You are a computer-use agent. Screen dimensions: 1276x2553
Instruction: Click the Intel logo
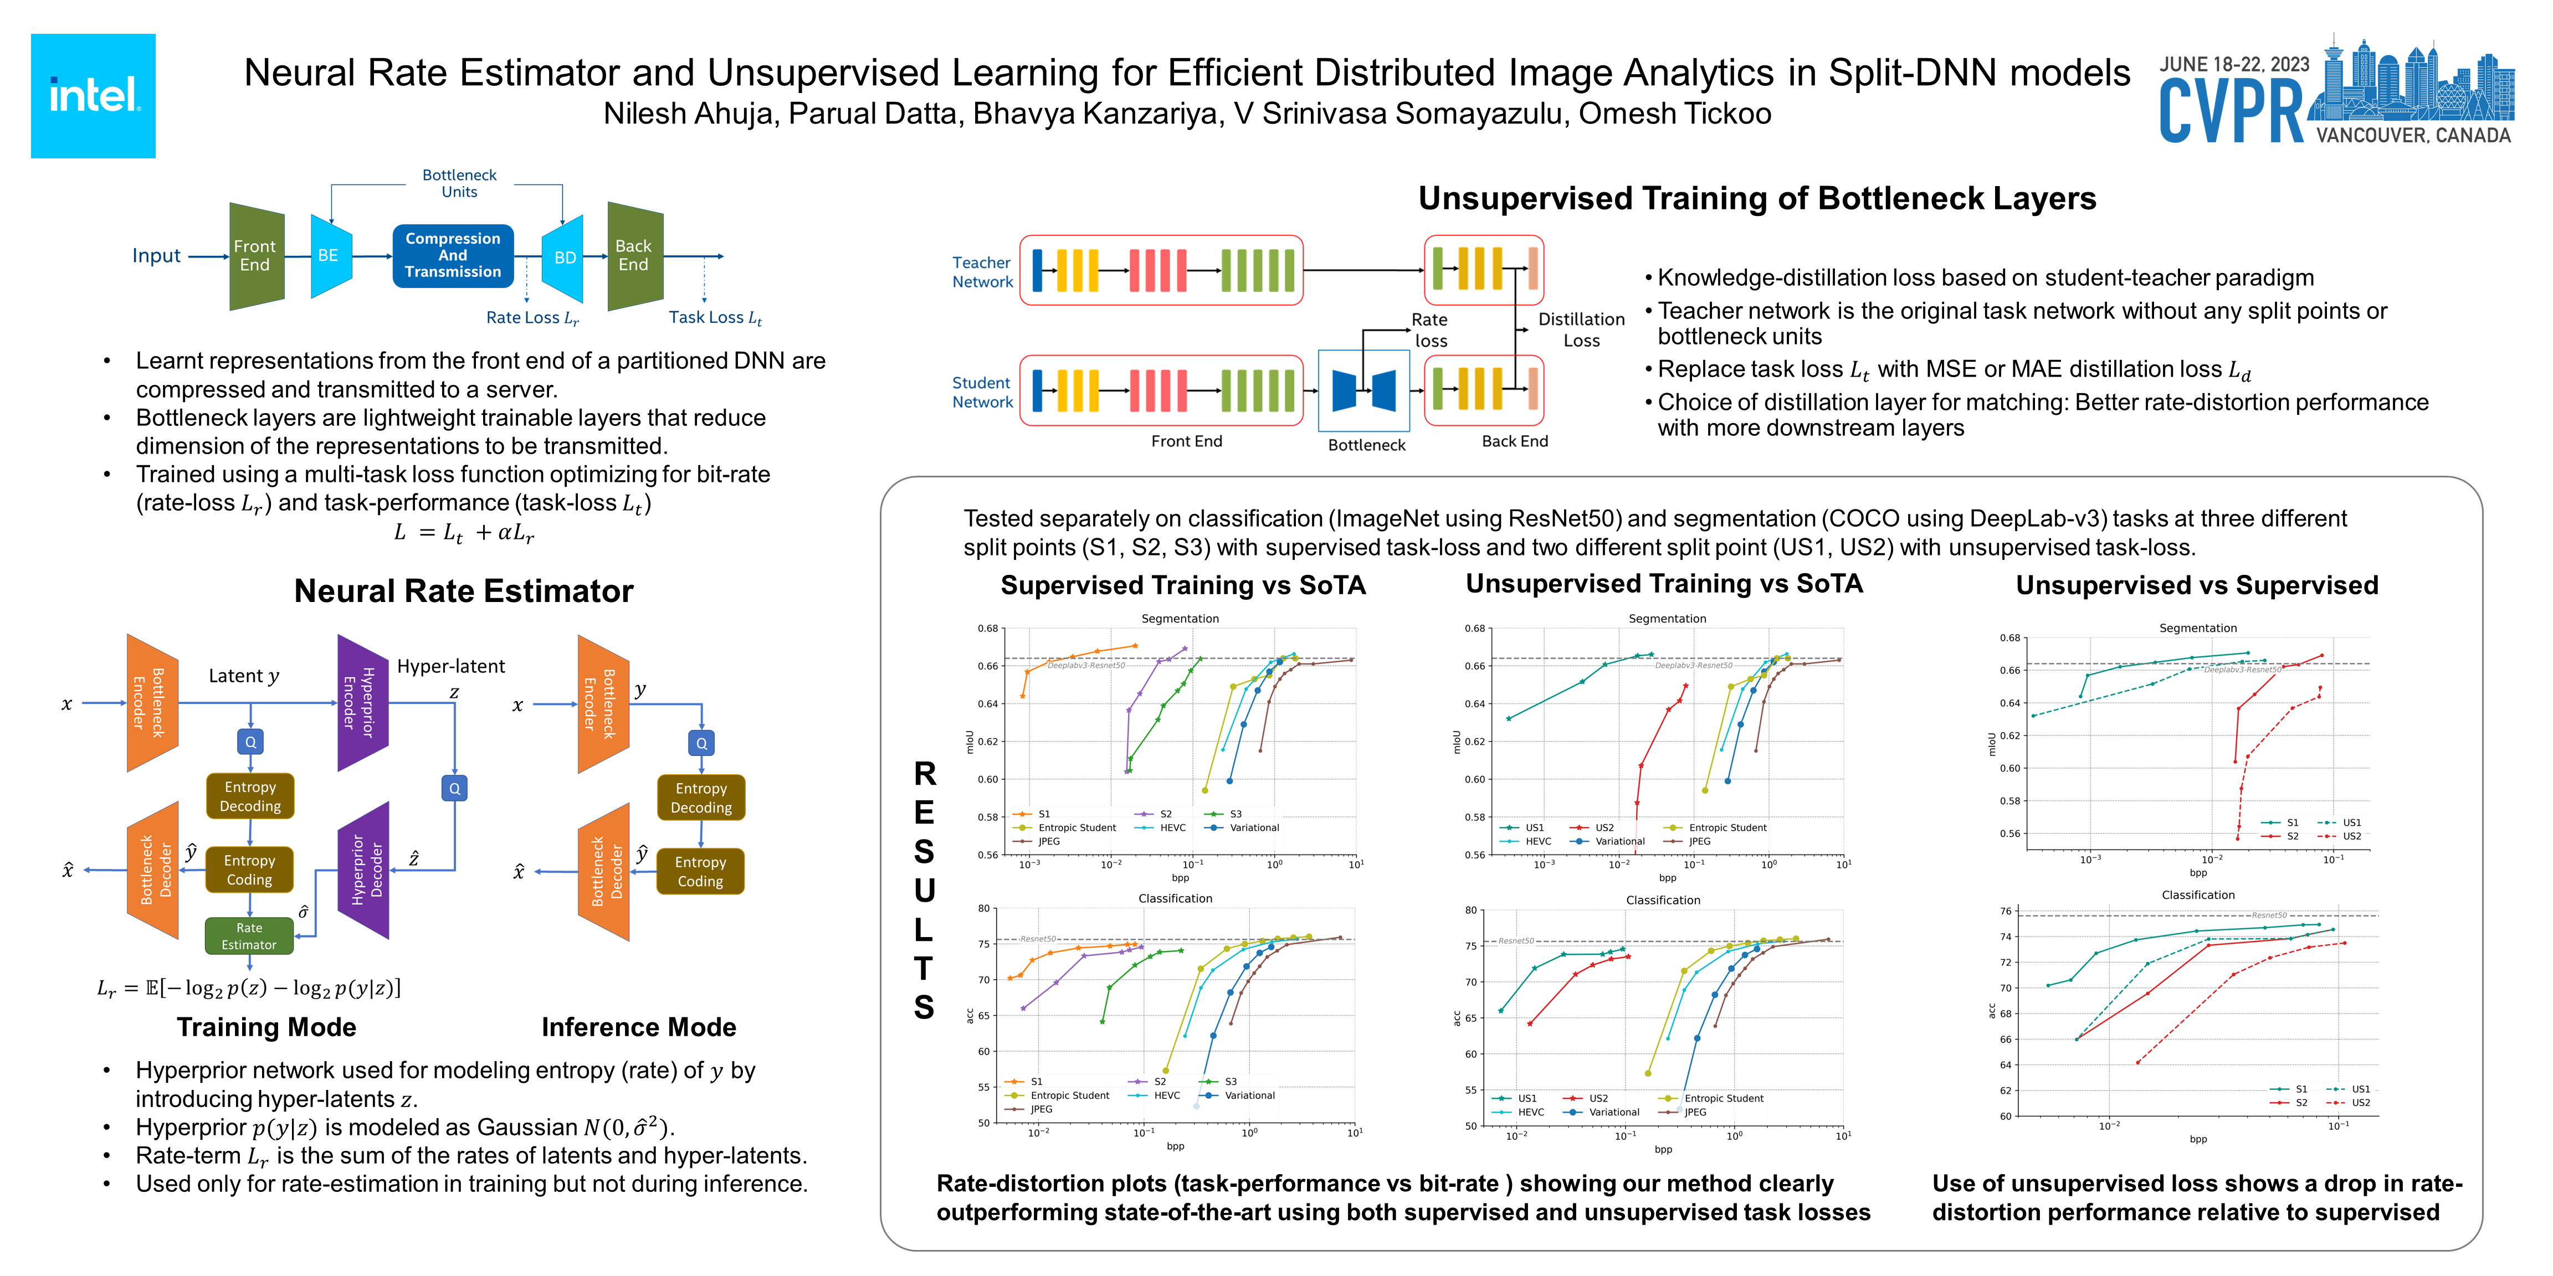(93, 96)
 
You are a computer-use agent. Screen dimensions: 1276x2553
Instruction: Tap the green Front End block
(256, 256)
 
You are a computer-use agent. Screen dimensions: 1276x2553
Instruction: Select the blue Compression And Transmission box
(453, 256)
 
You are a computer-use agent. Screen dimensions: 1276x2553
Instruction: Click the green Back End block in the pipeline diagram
(634, 256)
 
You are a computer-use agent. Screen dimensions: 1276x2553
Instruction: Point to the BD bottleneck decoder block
(564, 258)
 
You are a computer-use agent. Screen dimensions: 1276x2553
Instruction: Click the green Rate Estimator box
(249, 936)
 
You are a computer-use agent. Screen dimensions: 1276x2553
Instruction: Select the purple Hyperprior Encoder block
(363, 702)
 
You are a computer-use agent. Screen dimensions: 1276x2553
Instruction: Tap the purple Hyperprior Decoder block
(363, 870)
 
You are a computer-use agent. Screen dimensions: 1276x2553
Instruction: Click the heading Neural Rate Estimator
(464, 591)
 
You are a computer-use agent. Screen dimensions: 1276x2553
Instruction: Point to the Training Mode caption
(266, 1027)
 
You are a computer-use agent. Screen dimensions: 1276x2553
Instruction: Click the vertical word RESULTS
(924, 889)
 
